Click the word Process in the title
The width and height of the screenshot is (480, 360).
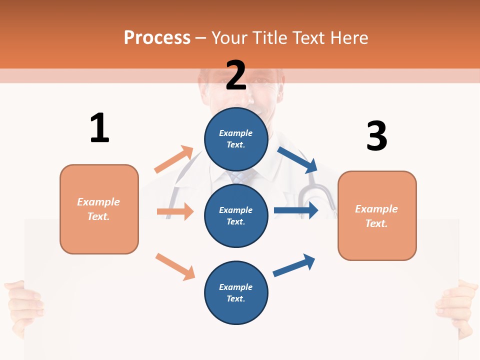157,37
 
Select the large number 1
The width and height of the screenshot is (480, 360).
99,128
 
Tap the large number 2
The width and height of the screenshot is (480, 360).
236,75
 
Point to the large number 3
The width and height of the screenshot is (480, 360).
376,136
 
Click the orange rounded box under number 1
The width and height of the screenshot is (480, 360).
99,209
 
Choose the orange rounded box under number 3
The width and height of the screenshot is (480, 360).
377,216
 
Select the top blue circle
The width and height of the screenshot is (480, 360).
236,139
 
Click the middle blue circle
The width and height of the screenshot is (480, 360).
236,216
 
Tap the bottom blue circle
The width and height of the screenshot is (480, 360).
236,293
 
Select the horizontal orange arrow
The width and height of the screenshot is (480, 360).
175,211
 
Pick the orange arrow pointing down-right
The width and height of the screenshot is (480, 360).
175,266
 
